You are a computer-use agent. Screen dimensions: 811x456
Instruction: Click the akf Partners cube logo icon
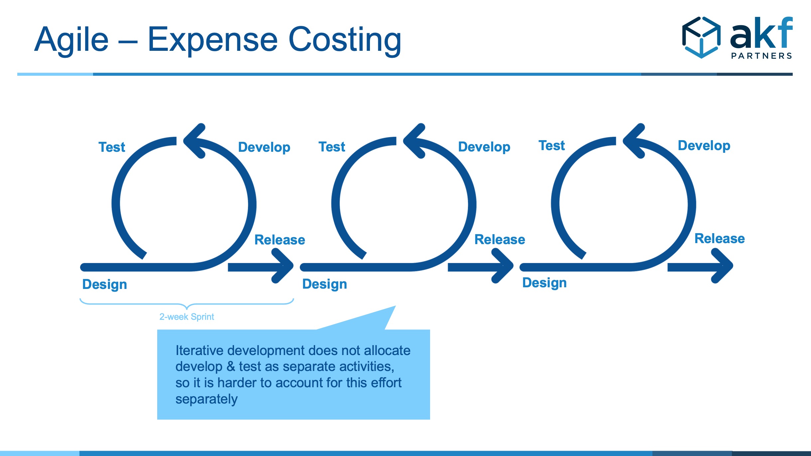coord(701,37)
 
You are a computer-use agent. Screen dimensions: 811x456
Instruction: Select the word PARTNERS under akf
coord(761,56)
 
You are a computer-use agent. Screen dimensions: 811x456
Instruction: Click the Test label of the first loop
coord(112,147)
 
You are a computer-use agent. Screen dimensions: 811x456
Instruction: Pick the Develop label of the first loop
coord(264,147)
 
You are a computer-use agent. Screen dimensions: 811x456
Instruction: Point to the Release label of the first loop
coord(280,240)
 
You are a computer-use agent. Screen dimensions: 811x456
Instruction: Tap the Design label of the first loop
coord(105,285)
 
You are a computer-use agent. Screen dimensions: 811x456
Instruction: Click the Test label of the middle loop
coord(332,147)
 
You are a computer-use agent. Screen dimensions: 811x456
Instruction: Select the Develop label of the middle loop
coord(484,147)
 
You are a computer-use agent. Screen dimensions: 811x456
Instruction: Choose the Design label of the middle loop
coord(325,284)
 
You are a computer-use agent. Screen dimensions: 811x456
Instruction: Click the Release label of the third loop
coord(720,238)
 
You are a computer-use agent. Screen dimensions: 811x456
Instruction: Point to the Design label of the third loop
coord(544,283)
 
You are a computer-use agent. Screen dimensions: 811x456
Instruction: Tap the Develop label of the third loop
coord(704,146)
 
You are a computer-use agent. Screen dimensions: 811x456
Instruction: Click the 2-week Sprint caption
coord(187,317)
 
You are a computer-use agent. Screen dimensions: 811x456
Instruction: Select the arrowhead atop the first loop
coord(194,141)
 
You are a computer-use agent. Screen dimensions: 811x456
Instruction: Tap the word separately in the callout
coord(206,399)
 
